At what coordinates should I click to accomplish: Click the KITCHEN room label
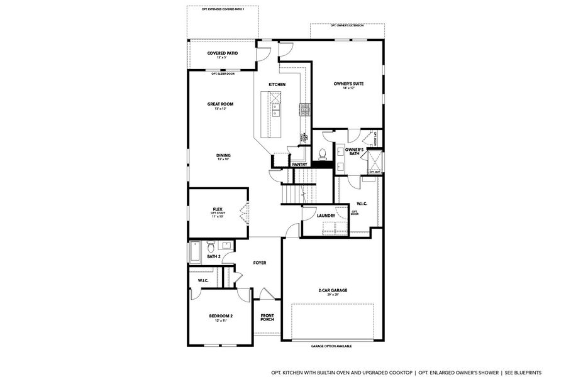[277, 84]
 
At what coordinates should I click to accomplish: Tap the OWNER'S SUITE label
[348, 84]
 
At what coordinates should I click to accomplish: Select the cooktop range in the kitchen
[305, 110]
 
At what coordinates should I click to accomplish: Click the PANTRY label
[299, 165]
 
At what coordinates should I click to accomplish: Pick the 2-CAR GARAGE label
[333, 290]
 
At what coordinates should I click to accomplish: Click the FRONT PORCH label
[267, 317]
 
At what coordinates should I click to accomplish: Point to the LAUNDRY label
[325, 216]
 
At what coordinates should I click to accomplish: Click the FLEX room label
[218, 209]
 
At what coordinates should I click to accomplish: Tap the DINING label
[223, 155]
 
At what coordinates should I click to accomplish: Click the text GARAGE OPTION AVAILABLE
[331, 346]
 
